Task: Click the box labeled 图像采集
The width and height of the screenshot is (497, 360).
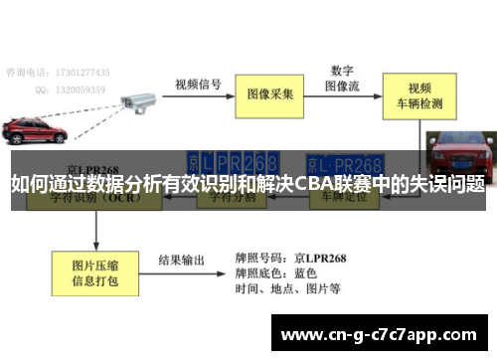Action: tap(270, 94)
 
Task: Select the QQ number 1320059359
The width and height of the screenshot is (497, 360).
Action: tap(84, 88)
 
